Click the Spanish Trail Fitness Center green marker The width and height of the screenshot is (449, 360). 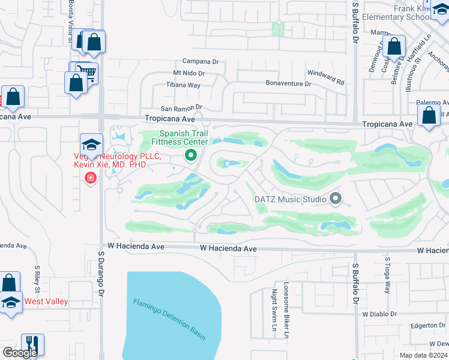[x=191, y=156]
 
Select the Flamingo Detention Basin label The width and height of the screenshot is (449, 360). [x=169, y=319]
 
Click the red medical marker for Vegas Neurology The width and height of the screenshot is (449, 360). [x=90, y=178]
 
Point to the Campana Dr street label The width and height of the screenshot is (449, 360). [x=201, y=61]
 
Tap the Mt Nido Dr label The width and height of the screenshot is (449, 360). [x=189, y=73]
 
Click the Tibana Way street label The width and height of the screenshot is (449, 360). [x=183, y=85]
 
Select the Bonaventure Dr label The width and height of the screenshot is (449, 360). [x=289, y=84]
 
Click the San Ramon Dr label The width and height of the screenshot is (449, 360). [x=180, y=107]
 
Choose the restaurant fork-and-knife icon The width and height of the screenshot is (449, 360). [x=32, y=345]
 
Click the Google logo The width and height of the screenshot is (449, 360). [x=19, y=352]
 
